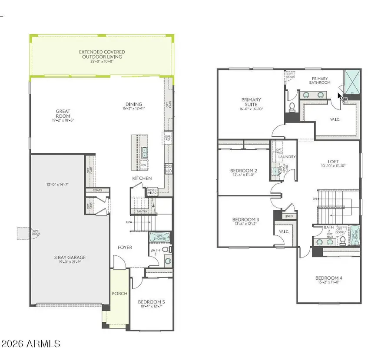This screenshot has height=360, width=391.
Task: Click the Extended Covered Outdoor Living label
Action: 100,54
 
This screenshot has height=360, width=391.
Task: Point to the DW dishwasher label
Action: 143,165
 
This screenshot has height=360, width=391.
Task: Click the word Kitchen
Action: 142,178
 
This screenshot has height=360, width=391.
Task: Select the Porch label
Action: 119,294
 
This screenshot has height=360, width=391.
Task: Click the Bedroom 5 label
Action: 151,302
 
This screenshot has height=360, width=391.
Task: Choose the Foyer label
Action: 125,248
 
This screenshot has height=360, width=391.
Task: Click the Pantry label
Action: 142,211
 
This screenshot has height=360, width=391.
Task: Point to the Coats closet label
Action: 97,190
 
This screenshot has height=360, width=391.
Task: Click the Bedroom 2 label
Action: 244,171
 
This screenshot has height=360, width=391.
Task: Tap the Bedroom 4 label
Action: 329,278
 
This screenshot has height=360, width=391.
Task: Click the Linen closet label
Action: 288,216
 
